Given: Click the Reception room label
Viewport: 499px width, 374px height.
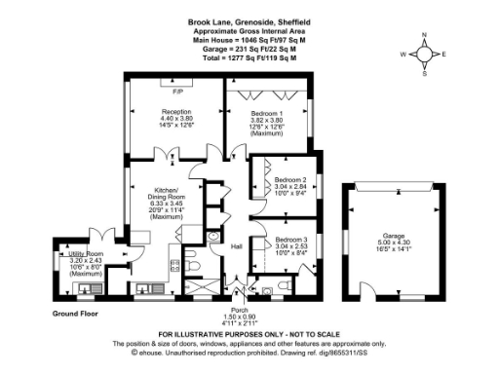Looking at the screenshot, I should [x=176, y=112].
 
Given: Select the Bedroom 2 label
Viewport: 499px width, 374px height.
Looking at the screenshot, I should [x=290, y=180].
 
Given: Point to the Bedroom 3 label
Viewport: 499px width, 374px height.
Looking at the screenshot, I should [x=290, y=239].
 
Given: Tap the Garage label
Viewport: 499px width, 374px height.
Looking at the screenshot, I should [x=394, y=237].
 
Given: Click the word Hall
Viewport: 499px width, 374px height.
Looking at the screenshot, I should [x=236, y=246].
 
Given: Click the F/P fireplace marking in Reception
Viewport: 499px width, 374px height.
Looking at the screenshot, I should [x=177, y=92].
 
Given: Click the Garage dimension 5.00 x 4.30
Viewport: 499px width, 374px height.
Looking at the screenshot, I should [x=394, y=243].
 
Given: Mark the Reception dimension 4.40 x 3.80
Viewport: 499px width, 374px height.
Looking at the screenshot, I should [x=176, y=119].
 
